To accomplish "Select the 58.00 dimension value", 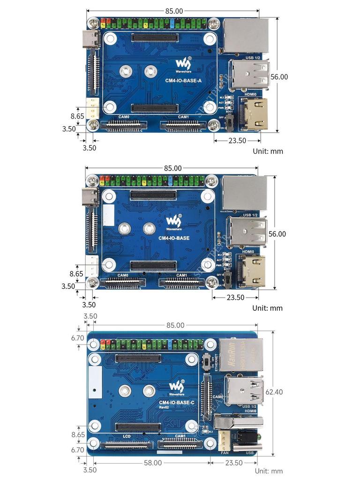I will click(x=153, y=463).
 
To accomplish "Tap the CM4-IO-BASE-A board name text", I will click(x=183, y=81).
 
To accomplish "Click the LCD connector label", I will click(x=127, y=436).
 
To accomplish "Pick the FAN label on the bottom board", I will click(x=224, y=453).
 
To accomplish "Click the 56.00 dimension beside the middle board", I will click(x=277, y=234).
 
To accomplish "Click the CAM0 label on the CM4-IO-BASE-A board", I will click(x=124, y=117).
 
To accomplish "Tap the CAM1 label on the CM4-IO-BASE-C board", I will click(x=180, y=436).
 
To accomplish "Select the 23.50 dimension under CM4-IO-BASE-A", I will click(x=237, y=140).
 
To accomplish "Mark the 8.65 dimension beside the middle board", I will click(x=76, y=273).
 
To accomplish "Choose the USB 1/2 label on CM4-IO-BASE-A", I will click(x=253, y=58).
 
